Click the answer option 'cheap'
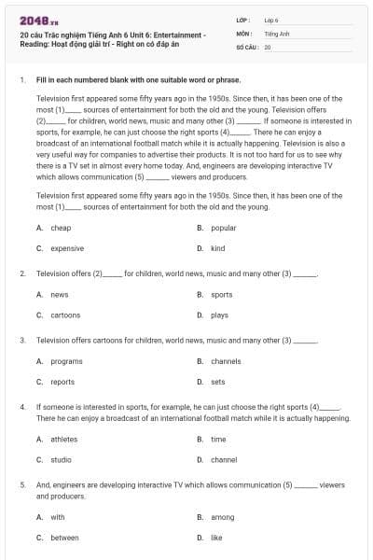tap(61, 228)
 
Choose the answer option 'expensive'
tap(67, 248)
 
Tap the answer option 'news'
tap(60, 294)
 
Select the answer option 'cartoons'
tap(65, 315)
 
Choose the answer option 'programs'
tap(66, 361)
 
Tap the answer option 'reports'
tap(62, 382)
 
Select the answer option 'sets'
tap(217, 382)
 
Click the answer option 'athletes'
tap(64, 439)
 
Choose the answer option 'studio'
tap(61, 459)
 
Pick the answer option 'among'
tap(222, 516)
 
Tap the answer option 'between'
tap(64, 537)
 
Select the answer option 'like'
tap(216, 537)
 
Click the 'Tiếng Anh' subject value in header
tap(273, 33)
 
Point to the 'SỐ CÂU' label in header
tap(246, 46)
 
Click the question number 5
tap(21, 485)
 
